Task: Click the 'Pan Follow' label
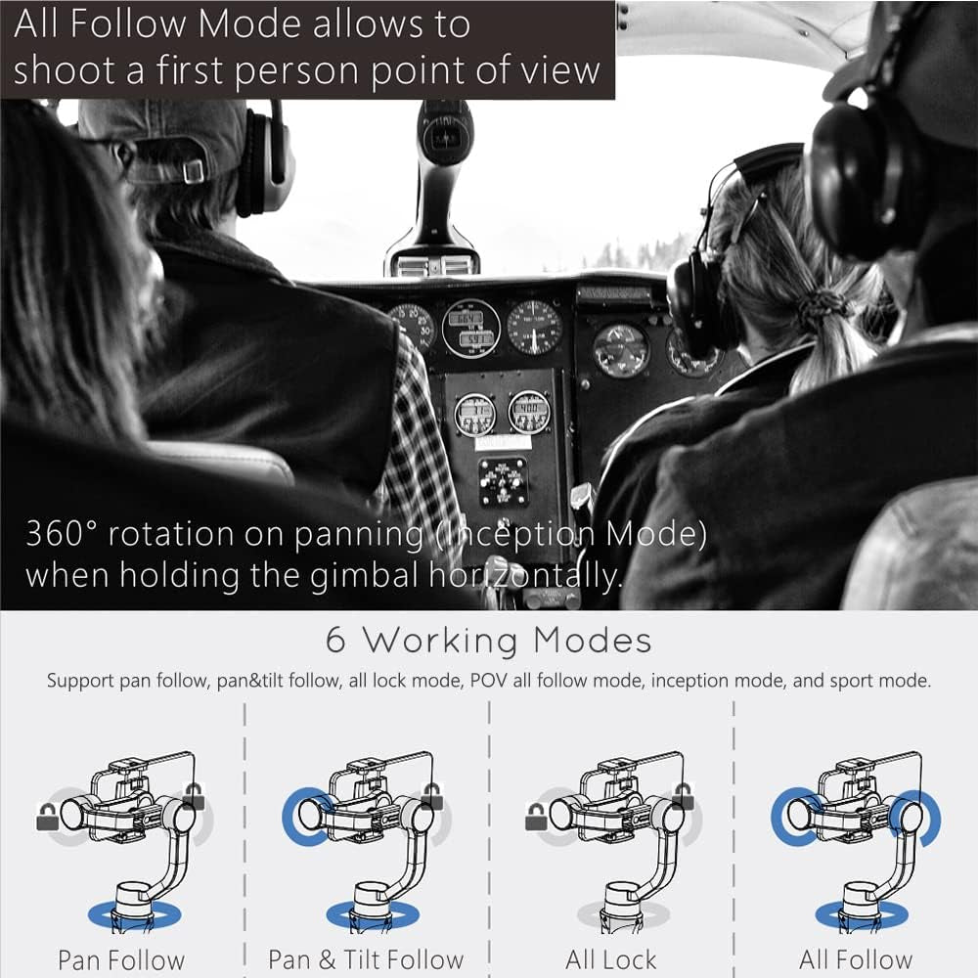click(x=121, y=960)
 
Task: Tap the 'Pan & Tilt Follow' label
click(x=366, y=960)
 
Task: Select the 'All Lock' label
click(x=611, y=960)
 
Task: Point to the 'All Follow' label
click(x=856, y=960)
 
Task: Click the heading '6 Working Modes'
click(x=489, y=641)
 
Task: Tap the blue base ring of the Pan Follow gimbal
click(x=121, y=914)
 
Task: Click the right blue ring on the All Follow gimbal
click(x=920, y=818)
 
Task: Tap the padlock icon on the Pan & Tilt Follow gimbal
click(x=431, y=798)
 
